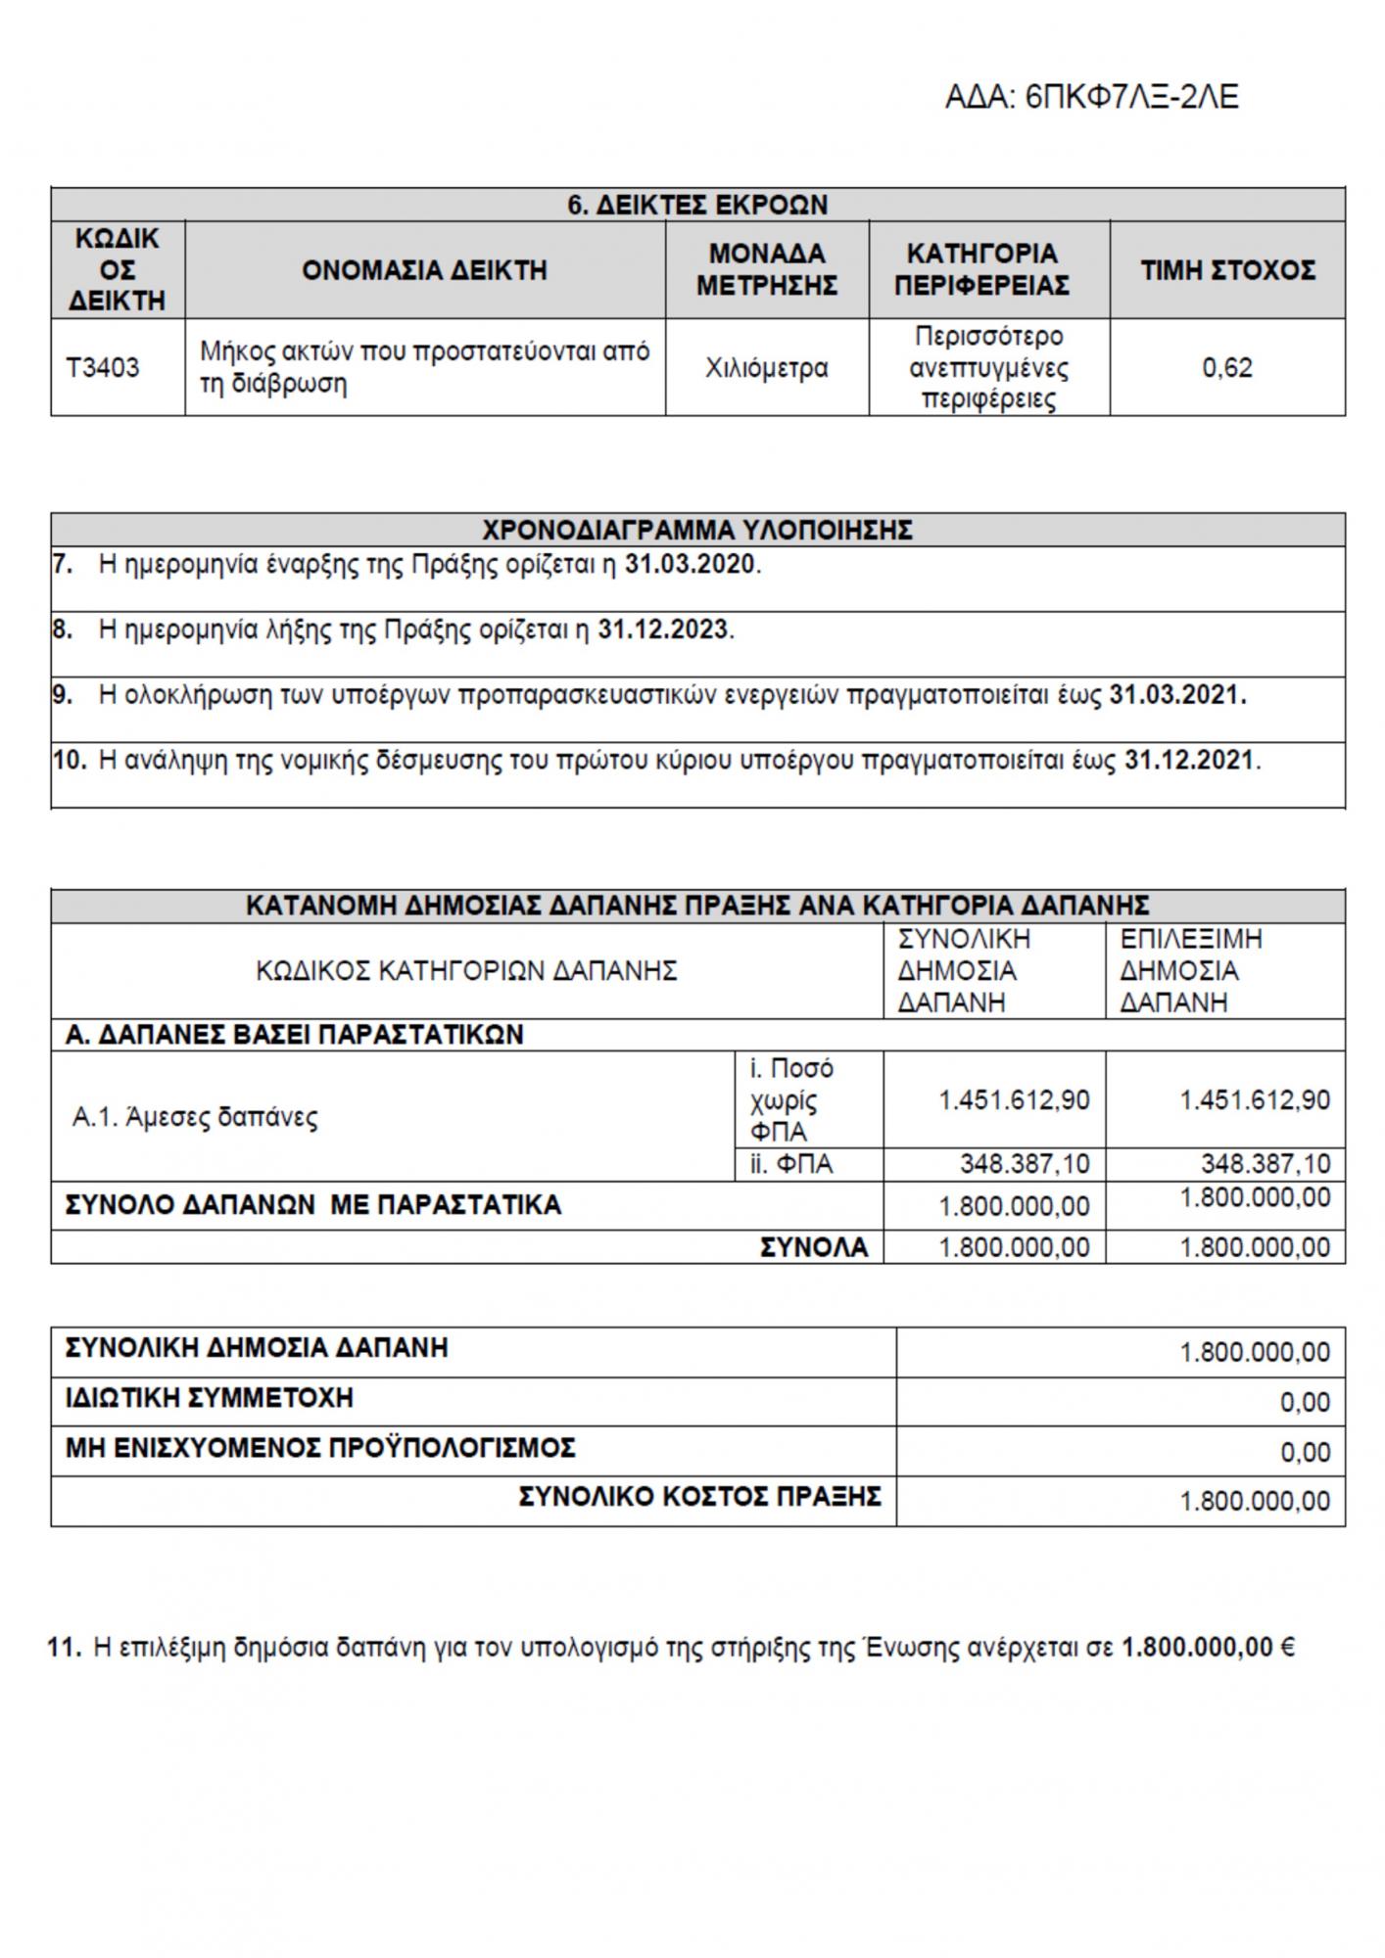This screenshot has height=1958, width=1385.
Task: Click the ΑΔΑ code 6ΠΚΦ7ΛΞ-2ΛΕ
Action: tap(1091, 98)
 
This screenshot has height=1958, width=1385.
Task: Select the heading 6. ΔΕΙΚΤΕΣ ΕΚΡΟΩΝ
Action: tap(697, 205)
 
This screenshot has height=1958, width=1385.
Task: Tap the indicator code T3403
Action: tap(103, 368)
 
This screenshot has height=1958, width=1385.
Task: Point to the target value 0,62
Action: tap(1226, 368)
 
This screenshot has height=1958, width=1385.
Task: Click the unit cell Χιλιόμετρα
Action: tap(766, 368)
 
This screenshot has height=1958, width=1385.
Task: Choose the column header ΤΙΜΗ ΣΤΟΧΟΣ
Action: tap(1226, 270)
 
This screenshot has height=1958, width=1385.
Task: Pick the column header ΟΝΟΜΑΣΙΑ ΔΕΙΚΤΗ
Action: tap(424, 270)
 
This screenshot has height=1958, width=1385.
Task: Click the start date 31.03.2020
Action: tap(690, 565)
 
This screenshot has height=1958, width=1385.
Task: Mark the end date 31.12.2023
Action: tap(663, 629)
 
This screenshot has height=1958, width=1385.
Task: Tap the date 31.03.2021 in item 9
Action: tap(1176, 695)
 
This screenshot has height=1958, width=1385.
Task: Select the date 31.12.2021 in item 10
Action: tap(1189, 760)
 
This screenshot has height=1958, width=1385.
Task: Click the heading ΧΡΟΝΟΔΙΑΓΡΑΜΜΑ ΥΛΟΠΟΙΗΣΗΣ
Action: tap(697, 531)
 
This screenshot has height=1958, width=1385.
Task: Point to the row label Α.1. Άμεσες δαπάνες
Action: tap(195, 1117)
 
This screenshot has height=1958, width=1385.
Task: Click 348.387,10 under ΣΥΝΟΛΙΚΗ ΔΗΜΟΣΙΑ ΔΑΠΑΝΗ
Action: tap(1024, 1164)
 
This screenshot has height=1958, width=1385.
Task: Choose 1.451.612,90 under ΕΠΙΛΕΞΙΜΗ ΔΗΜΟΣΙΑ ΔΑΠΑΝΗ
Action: tap(1255, 1100)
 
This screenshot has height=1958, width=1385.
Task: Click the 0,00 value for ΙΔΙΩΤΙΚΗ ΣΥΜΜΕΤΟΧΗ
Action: tap(1305, 1403)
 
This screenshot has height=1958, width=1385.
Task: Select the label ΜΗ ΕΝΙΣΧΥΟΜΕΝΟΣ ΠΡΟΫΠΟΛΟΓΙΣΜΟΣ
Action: tap(320, 1447)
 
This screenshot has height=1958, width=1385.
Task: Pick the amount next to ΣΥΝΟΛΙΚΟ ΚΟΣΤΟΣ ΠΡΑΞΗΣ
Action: tap(1255, 1501)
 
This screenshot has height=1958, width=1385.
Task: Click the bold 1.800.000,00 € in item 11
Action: tap(1208, 1648)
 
